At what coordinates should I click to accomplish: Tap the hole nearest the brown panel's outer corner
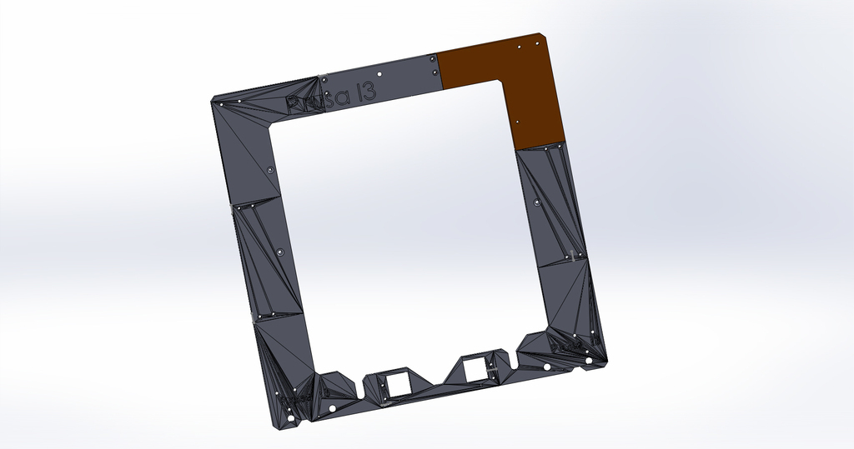[x=520, y=47]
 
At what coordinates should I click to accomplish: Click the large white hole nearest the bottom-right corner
[x=589, y=361]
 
